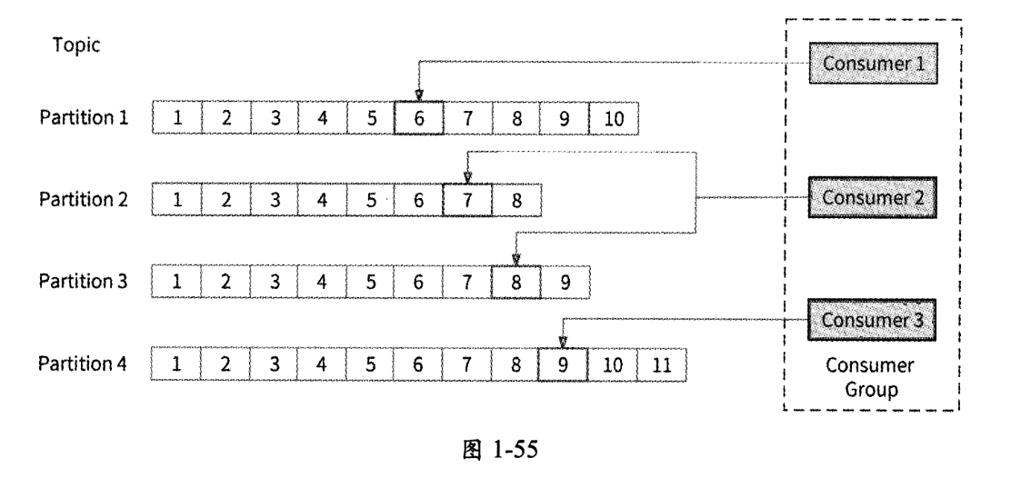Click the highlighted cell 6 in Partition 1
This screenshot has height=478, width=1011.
tap(418, 117)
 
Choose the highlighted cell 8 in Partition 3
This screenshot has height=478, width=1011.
tap(516, 282)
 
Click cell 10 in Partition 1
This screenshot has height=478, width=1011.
tap(614, 117)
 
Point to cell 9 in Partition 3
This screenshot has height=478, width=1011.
tap(565, 282)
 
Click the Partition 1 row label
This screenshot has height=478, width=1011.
tap(83, 117)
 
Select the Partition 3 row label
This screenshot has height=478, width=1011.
tap(83, 282)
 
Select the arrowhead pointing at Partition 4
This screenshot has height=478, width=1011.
tap(563, 343)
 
